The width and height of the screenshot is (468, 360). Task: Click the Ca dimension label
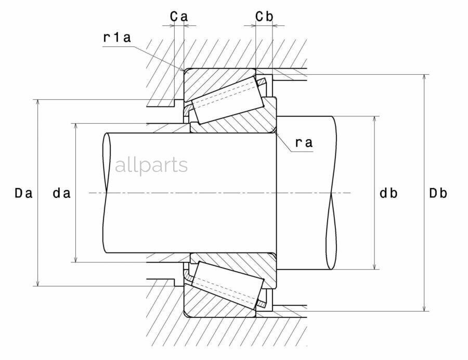pos(179,17)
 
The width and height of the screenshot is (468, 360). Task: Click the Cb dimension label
pos(264,17)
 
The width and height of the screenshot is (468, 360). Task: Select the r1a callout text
pos(116,37)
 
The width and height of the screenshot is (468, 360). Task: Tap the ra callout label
pos(304,142)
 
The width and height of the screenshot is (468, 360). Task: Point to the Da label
pos(23,193)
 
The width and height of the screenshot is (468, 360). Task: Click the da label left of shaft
pos(61,193)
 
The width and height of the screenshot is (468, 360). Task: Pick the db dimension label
pos(388,193)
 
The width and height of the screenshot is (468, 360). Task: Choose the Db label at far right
pos(438,193)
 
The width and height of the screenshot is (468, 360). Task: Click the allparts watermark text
pos(151,165)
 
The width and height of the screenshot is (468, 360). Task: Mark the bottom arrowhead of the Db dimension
pos(424,308)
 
